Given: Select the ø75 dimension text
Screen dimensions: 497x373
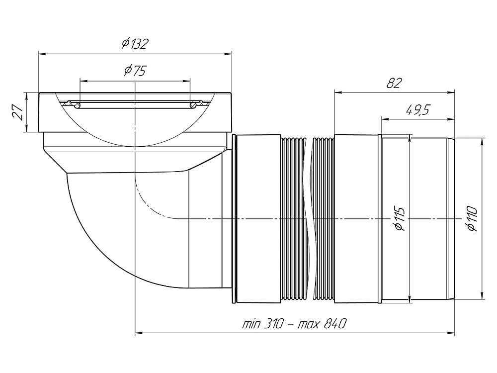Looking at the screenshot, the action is point(135,71).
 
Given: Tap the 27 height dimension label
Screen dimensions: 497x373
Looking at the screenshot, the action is point(18,112).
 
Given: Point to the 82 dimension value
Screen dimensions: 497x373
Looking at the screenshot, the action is point(394,83).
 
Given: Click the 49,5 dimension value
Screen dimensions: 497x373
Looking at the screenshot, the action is point(418,110).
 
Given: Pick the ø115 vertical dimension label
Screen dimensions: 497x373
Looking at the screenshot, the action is point(400,219).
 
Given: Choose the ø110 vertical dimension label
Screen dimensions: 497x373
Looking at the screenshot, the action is point(472,218).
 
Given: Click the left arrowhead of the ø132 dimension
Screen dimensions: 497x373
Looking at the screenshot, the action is point(42,54).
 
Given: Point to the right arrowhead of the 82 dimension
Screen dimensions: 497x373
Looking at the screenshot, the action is point(451,93).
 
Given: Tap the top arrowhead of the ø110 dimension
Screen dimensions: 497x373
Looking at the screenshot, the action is point(482,142).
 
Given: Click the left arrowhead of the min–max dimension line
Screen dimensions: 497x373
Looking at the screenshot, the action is point(139,333).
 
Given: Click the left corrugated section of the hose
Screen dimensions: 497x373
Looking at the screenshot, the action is point(293,219).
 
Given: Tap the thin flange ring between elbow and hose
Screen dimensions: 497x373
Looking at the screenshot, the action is point(234,219).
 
